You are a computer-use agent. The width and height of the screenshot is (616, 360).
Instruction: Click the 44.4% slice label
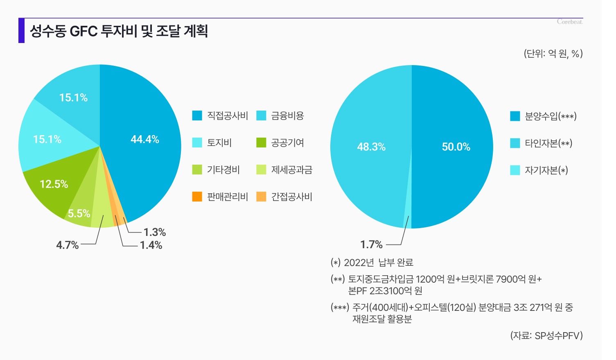(x=145, y=139)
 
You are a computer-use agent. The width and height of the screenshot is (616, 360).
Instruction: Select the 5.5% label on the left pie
(x=79, y=213)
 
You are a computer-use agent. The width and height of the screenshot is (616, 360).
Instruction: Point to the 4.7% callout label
(x=67, y=245)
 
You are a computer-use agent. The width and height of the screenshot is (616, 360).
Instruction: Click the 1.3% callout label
(x=155, y=232)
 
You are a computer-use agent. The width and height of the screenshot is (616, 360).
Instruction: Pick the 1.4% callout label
(x=151, y=245)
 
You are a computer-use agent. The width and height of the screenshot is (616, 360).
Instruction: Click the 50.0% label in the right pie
(x=456, y=147)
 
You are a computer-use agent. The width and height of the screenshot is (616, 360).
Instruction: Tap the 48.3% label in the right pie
(x=371, y=147)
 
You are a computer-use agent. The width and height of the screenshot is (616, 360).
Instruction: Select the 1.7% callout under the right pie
(x=371, y=245)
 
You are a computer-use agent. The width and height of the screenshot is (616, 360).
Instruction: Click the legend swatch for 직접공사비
(x=197, y=116)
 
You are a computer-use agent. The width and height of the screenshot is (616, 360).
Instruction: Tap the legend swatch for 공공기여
(x=261, y=143)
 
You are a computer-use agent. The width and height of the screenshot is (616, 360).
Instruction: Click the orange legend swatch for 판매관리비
(x=197, y=197)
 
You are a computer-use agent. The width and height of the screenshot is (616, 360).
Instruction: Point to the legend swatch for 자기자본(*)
(x=515, y=170)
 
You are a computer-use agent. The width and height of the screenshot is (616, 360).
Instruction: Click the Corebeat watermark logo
(x=570, y=22)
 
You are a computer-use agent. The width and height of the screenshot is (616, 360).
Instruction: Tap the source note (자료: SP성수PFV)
(x=546, y=336)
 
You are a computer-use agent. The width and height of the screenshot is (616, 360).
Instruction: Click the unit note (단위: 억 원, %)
(x=553, y=54)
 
